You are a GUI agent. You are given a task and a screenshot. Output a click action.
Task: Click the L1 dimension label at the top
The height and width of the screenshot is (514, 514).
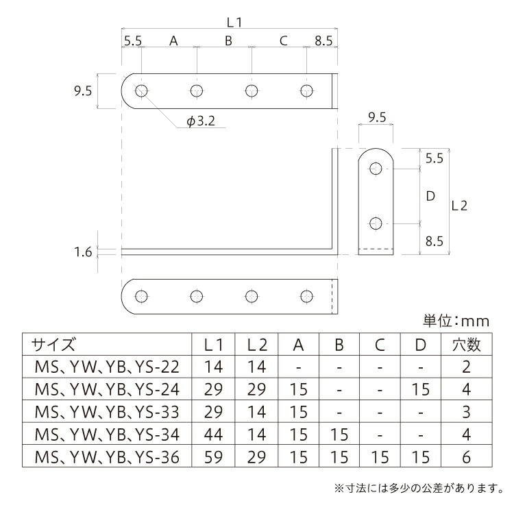pyautogui.click(x=234, y=22)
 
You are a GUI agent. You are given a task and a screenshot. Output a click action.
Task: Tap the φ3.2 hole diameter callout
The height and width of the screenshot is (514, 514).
pyautogui.click(x=201, y=122)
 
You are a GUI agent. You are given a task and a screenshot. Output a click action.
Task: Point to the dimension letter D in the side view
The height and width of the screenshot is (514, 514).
pyautogui.click(x=430, y=196)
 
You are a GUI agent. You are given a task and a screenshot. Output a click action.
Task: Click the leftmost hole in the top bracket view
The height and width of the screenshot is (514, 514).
pyautogui.click(x=142, y=90)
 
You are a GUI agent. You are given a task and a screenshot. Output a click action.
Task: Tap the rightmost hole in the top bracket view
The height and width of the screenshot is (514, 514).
pyautogui.click(x=306, y=90)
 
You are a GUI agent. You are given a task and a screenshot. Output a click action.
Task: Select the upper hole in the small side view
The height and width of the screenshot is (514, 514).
pyautogui.click(x=376, y=169)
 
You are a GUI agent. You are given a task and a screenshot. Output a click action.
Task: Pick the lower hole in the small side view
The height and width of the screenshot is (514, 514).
pyautogui.click(x=376, y=223)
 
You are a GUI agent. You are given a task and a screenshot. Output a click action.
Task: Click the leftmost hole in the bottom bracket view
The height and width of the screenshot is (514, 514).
pyautogui.click(x=142, y=296)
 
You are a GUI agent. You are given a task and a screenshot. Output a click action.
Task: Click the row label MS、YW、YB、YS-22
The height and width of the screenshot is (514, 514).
pyautogui.click(x=106, y=367)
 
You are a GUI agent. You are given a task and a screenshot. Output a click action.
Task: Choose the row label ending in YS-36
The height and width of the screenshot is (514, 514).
pyautogui.click(x=106, y=456)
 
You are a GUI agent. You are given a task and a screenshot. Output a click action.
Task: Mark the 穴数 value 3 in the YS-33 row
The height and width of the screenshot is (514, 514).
pyautogui.click(x=466, y=412)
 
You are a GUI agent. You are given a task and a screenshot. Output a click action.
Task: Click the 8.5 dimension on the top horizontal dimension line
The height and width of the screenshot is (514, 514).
pyautogui.click(x=323, y=41)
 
